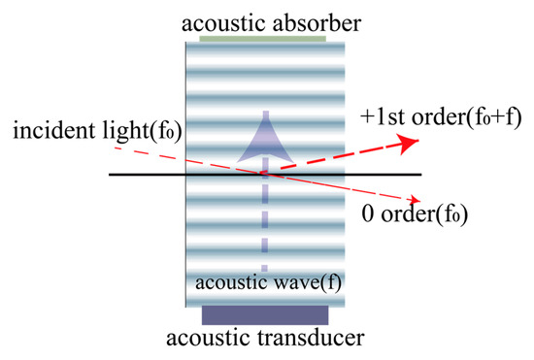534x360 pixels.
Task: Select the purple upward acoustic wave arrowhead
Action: [x=262, y=136]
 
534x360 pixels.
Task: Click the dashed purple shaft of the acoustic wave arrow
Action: [x=262, y=223]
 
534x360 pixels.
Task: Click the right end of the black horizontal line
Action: [x=419, y=175]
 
